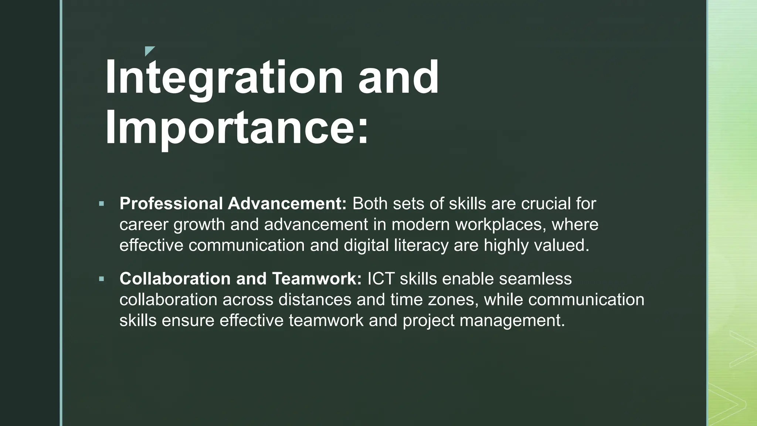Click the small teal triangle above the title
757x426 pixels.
(x=149, y=51)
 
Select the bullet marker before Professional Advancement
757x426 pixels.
(x=102, y=204)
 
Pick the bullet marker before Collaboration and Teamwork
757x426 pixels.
(x=102, y=278)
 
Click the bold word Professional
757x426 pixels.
(x=171, y=204)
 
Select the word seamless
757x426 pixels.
(x=535, y=279)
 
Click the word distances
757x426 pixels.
(x=315, y=300)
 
